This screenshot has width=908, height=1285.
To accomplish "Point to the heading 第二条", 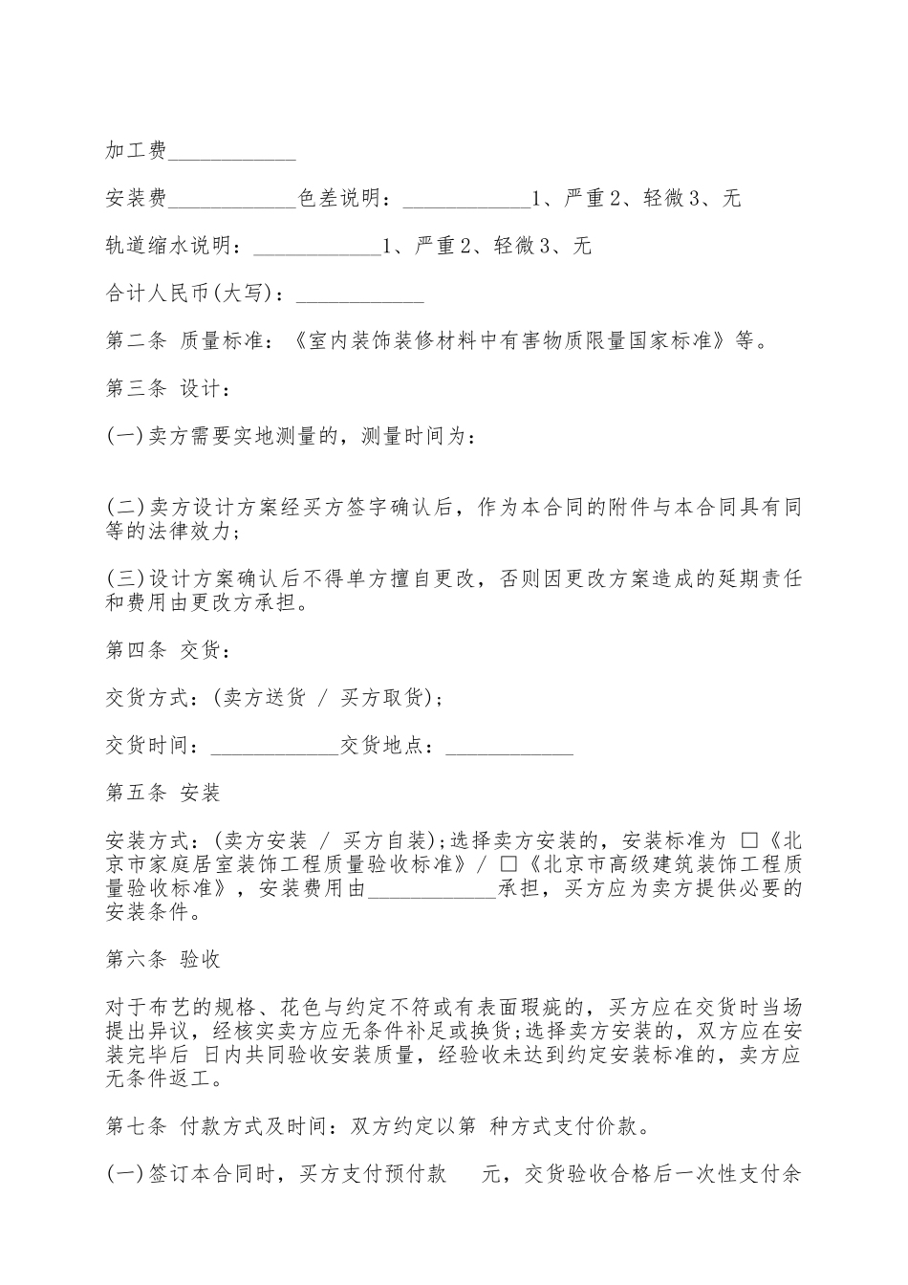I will coord(136,341).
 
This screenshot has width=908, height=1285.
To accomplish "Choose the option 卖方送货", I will coord(264,697).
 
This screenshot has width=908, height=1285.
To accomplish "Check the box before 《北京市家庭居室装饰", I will coord(749,840).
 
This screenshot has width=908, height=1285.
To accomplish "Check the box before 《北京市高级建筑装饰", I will coord(508,864).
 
